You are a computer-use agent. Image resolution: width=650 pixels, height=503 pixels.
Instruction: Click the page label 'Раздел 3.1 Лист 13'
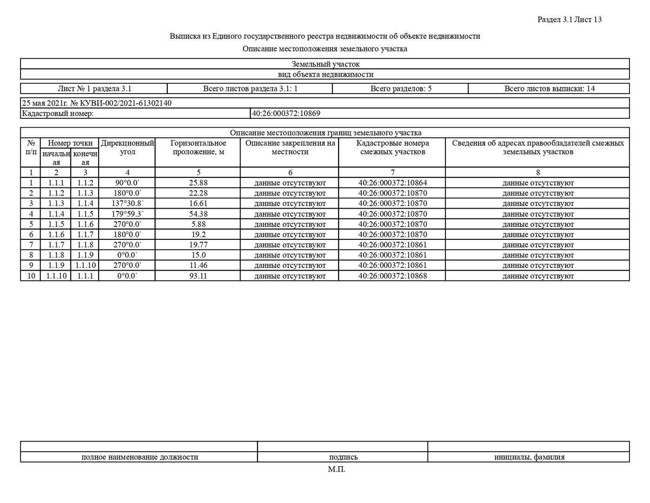pos(569,20)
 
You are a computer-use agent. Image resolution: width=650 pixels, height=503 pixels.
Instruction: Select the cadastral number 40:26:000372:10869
pos(286,113)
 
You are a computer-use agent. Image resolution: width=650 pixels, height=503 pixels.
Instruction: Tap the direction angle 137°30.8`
pos(127,204)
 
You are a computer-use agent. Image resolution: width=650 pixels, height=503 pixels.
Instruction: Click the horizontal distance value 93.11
pos(198,276)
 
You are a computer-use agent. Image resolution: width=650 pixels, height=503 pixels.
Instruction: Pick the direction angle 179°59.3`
pos(127,214)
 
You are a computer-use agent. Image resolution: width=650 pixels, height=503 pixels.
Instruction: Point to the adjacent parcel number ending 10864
pos(392,183)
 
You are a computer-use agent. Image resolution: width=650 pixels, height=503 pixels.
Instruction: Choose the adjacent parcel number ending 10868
pos(392,276)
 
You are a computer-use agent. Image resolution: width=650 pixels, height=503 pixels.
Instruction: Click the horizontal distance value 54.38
pos(198,214)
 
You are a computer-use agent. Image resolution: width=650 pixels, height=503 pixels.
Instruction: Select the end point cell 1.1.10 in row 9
pos(85,265)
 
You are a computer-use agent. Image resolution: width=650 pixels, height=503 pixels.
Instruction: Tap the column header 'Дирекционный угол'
pos(127,147)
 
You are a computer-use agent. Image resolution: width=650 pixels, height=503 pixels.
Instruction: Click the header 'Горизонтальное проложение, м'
pos(198,147)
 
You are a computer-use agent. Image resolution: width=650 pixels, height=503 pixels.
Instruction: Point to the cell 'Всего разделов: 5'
pos(401,88)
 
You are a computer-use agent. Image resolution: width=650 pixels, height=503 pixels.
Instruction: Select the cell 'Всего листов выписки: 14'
pos(549,88)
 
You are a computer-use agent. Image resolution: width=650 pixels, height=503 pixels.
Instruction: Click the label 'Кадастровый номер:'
pos(58,113)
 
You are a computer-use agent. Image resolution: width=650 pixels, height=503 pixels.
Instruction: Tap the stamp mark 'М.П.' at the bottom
pos(337,469)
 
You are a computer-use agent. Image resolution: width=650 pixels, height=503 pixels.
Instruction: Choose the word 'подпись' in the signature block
pos(343,457)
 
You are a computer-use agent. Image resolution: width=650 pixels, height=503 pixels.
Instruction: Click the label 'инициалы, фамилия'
pos(529,457)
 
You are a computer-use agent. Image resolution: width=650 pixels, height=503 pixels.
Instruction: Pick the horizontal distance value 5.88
pos(198,224)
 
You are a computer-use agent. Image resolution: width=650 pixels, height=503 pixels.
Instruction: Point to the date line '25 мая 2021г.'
pos(45,103)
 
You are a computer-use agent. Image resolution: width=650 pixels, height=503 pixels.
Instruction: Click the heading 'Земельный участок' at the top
pos(325,64)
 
